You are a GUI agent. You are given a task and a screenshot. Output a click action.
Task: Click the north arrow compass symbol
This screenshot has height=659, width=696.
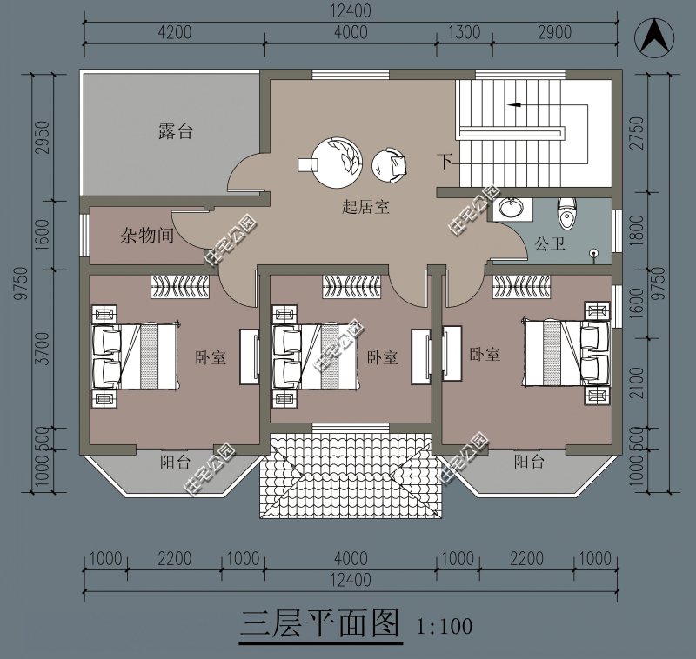coord(653,37)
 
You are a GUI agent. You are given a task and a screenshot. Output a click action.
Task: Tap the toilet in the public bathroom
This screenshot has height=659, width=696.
coord(566,213)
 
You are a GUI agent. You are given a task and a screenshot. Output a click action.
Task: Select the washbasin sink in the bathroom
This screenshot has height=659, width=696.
coord(511,208)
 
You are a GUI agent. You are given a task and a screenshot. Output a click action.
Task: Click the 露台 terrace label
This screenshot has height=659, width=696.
coord(176,131)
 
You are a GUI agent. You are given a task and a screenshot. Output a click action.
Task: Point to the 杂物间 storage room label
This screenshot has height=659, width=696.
coord(147,235)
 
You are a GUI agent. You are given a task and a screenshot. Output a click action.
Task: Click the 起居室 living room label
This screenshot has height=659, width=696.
coord(365,207)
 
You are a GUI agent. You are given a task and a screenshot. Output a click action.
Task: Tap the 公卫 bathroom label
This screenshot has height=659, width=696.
coord(550,243)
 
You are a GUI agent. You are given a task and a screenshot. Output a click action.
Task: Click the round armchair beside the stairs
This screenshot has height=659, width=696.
coord(389,164)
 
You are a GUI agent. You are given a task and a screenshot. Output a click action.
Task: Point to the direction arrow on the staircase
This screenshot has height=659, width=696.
coord(514,105)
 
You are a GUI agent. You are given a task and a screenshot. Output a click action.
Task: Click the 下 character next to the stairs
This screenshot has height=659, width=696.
coord(445,161)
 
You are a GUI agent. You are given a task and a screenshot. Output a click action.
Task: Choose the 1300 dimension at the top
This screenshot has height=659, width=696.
coord(464,32)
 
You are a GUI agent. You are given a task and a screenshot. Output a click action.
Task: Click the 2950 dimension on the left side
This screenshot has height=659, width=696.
coord(43,137)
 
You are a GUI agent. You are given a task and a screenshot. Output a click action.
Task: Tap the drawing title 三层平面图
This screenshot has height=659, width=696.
coord(319,624)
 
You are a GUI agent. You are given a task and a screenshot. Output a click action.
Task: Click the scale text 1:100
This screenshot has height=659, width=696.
coord(444,626)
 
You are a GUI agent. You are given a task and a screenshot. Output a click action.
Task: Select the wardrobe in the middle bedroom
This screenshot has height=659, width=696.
coord(351,287)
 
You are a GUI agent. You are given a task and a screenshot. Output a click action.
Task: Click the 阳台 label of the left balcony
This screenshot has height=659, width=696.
coord(176,463)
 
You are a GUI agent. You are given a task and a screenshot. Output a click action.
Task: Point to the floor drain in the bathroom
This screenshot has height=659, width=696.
coord(595,254)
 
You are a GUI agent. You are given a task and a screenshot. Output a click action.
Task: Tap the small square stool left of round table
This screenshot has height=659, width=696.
coord(308,164)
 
